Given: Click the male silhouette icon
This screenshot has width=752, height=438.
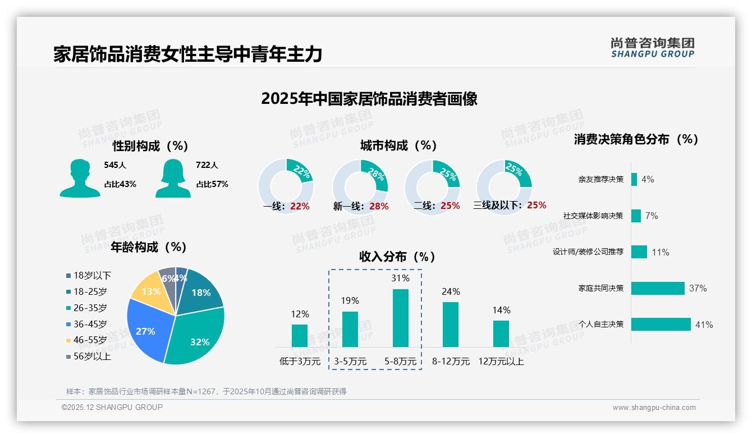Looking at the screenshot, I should [80, 179].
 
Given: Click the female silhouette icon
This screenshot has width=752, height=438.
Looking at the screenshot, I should [173, 179].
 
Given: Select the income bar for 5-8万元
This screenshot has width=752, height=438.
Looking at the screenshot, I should [400, 318].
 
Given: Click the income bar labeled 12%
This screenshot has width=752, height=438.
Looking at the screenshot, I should [300, 335].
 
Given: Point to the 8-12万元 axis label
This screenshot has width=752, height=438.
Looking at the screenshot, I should [451, 361].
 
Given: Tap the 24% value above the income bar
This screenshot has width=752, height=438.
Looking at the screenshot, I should [451, 291].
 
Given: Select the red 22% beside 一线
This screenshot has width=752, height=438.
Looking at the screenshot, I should [300, 206].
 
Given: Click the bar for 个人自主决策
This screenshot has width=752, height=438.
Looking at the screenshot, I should [661, 324].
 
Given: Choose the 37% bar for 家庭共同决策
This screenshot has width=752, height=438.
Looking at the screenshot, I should [658, 288].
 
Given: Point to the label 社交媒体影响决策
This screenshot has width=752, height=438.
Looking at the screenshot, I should [593, 216].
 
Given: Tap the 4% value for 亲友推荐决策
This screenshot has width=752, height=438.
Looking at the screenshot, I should [648, 179].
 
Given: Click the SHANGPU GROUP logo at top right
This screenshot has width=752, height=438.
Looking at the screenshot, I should [653, 47].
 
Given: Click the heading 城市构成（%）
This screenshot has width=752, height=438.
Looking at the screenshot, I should [398, 145].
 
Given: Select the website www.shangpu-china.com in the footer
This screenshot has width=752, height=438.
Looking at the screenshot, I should [654, 408].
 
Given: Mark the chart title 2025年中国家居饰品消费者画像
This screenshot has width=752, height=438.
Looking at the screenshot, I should [369, 99].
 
